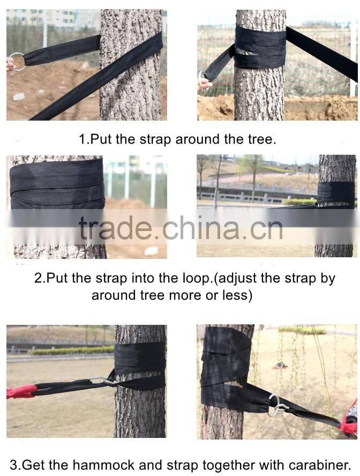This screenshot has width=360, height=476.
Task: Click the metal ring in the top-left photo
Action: coord(16,62)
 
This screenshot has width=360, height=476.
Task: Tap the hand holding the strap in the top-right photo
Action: coord(204,83)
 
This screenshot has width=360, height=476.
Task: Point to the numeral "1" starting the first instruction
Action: coord(82,139)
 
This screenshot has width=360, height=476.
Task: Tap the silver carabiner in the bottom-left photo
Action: coord(99,381)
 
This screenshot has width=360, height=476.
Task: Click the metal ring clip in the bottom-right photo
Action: coord(275,405)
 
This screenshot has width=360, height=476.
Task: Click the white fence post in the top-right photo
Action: coord(352,59)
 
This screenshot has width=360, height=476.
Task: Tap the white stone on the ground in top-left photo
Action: coord(19,96)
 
